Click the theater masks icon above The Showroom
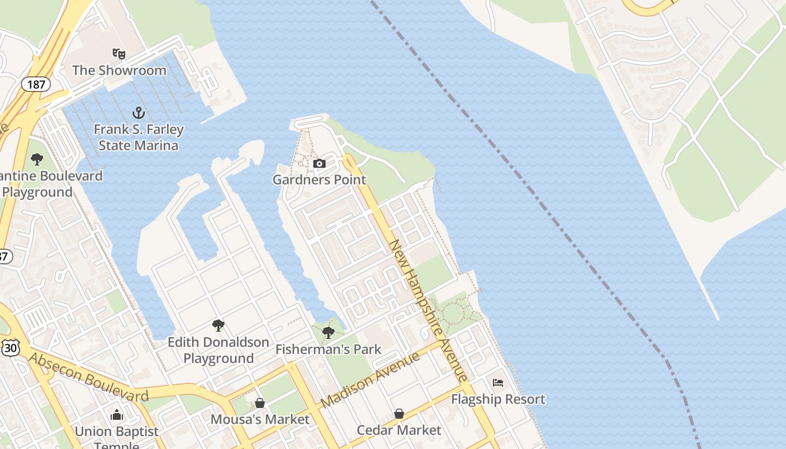[x=118, y=54]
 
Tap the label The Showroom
[x=119, y=70]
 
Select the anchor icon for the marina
[x=138, y=113]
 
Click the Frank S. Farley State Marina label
[x=139, y=138]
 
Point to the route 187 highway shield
[x=36, y=85]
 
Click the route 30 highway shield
[x=10, y=348]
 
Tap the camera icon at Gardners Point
[x=319, y=164]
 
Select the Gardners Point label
[x=319, y=180]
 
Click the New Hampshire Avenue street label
[x=428, y=311]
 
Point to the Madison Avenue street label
[x=371, y=379]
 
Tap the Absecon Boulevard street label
[x=89, y=378]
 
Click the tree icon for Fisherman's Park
[x=328, y=333]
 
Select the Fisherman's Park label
[x=328, y=349]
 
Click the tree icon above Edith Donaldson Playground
[x=218, y=326]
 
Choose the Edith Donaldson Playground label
[x=218, y=350]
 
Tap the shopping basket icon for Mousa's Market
[x=259, y=403]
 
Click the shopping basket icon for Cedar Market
[x=399, y=414]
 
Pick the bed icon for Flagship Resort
[x=498, y=383]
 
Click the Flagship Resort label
[x=498, y=399]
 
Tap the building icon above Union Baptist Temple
[x=117, y=415]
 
